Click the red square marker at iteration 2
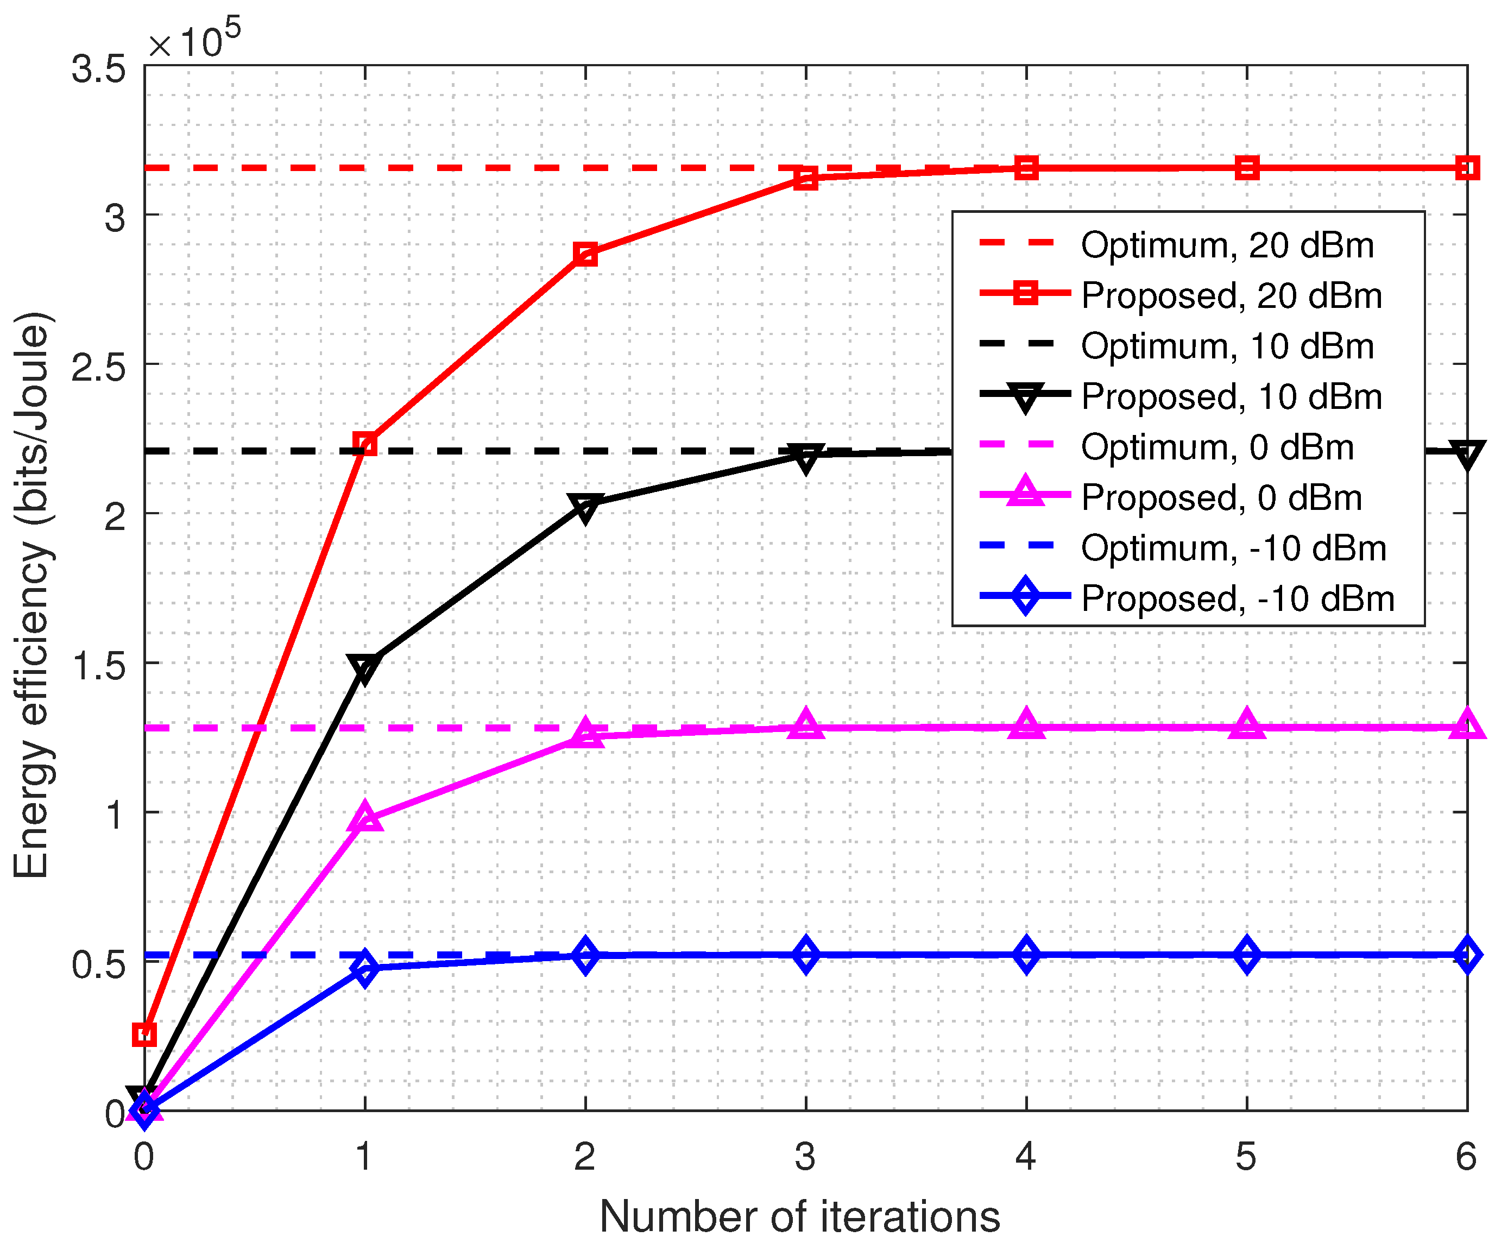point(585,254)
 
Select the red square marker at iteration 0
point(144,1034)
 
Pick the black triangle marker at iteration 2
point(585,506)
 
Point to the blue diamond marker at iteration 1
point(364,968)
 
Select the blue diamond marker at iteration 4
point(1026,955)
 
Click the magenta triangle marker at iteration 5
point(1246,725)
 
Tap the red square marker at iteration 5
point(1246,169)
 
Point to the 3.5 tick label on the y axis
point(98,70)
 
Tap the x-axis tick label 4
point(1025,1156)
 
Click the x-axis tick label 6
point(1465,1156)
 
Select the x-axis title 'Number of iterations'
point(799,1216)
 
